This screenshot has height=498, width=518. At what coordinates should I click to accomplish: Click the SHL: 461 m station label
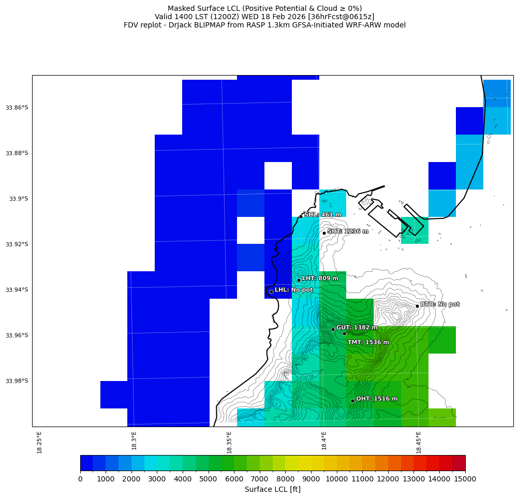[322, 215]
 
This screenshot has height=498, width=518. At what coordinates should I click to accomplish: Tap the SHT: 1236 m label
[348, 231]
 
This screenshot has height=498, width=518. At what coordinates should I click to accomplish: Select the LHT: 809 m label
[320, 279]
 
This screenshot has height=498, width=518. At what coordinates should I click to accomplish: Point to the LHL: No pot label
[293, 290]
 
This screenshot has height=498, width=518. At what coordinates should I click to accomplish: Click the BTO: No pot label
[439, 304]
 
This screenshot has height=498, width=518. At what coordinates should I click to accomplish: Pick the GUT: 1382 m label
[357, 328]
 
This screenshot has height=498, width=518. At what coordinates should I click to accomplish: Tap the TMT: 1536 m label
[368, 342]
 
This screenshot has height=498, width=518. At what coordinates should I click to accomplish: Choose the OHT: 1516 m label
[377, 399]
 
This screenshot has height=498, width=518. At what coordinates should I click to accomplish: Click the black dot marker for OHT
[352, 401]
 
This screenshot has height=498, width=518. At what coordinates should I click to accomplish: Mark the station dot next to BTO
[417, 306]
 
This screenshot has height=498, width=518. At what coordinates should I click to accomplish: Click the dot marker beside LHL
[271, 291]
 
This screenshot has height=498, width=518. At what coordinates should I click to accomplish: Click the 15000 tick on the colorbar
[465, 479]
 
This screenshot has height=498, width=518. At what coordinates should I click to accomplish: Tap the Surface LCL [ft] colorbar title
[272, 489]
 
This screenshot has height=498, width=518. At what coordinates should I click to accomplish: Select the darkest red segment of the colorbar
[458, 463]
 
